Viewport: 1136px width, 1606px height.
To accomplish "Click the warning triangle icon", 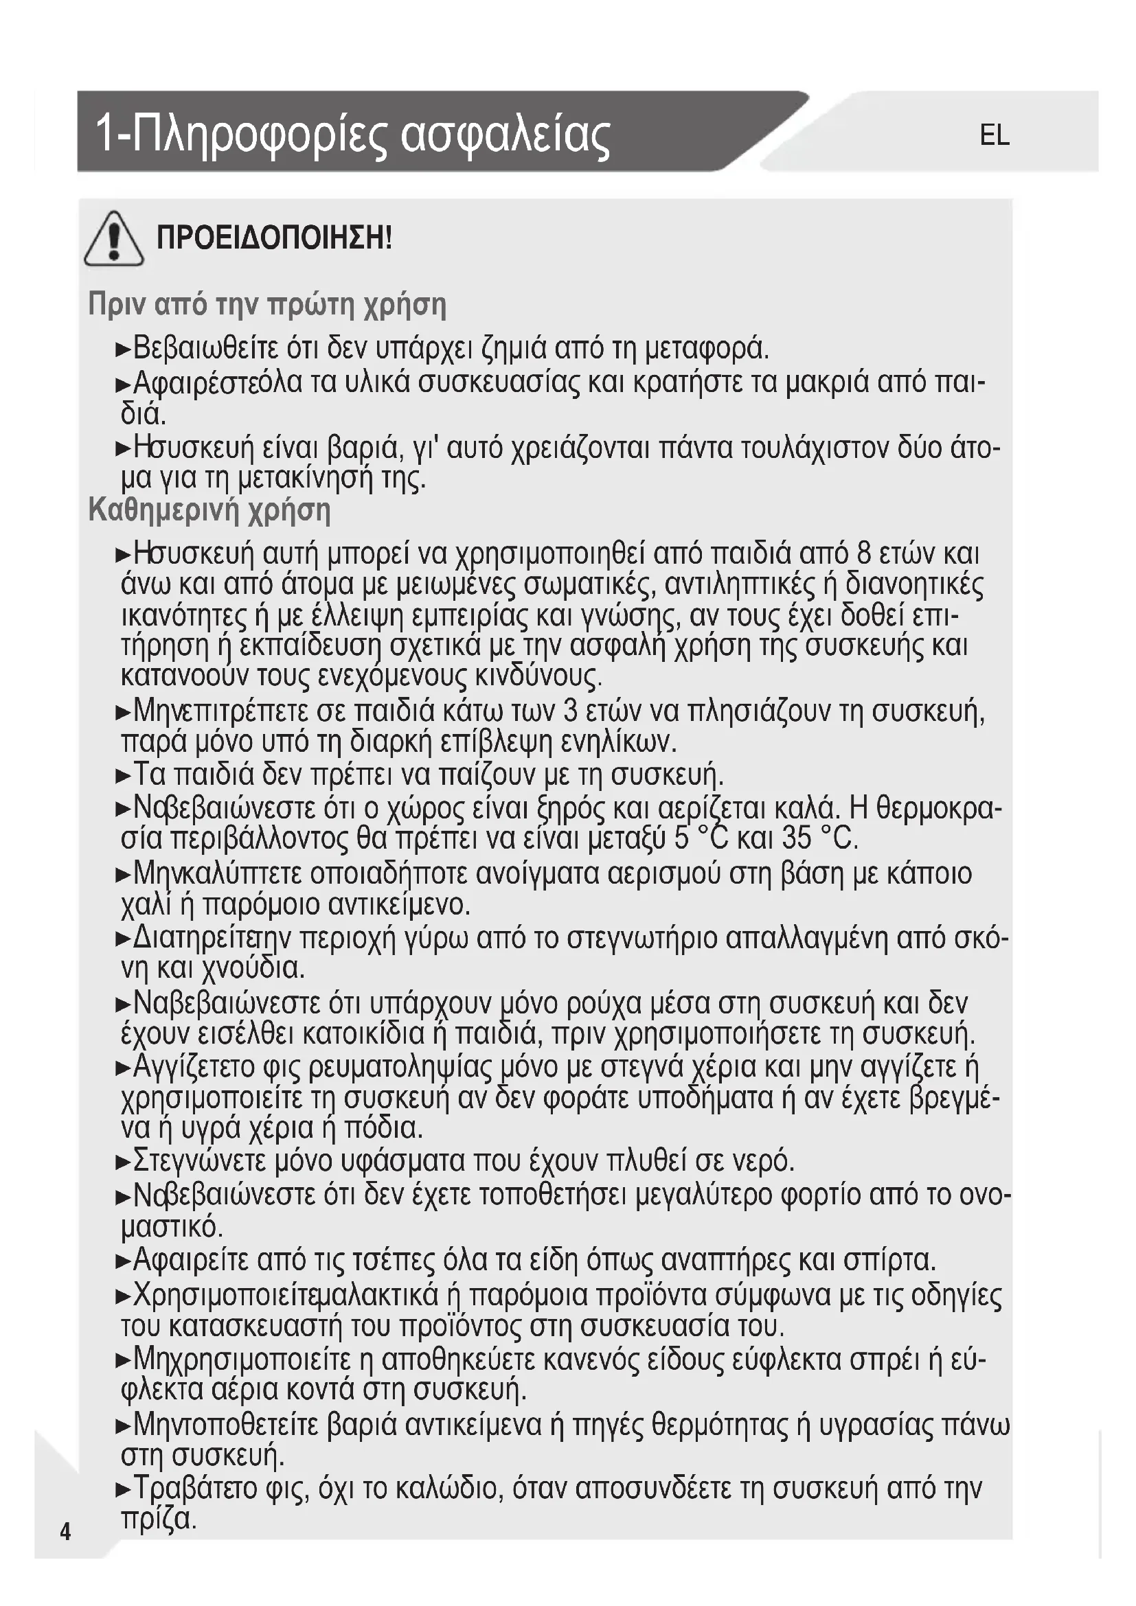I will (114, 239).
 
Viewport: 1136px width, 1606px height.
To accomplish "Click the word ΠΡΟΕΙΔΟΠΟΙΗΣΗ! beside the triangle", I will (274, 238).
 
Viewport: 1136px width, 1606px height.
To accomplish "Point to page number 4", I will (65, 1532).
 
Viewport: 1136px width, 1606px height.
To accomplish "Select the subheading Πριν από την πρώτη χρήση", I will (267, 305).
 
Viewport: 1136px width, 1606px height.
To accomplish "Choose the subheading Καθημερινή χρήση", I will (209, 510).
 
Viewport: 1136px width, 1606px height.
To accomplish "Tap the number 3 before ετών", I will (570, 711).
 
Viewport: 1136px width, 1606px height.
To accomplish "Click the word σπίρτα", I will (889, 1260).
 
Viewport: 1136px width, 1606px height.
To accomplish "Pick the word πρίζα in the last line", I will (157, 1519).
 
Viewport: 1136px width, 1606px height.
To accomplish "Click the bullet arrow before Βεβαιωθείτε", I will (123, 349).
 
